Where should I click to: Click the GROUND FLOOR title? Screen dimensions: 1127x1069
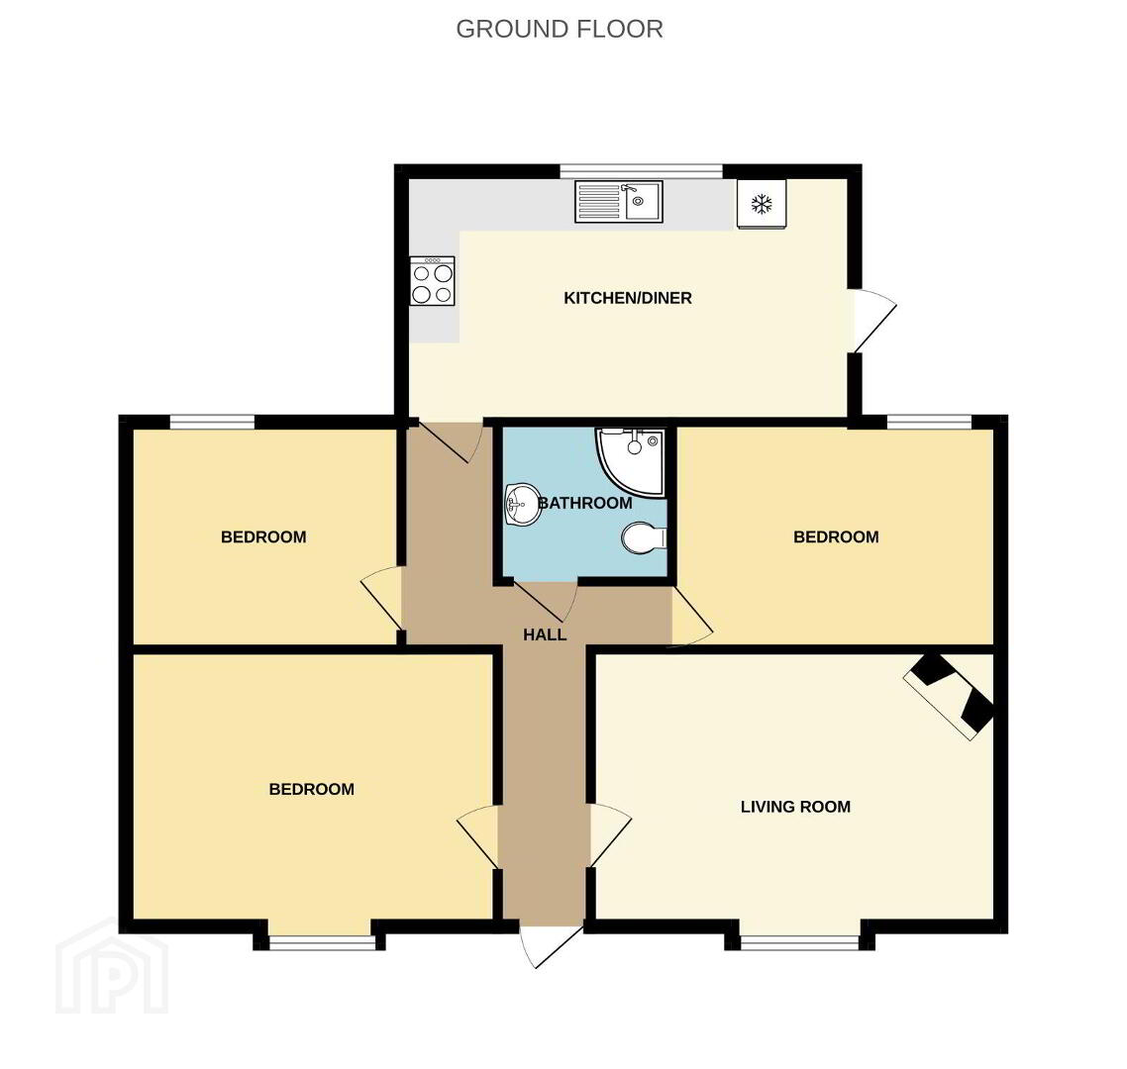point(560,30)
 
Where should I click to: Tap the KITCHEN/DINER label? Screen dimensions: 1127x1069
point(628,298)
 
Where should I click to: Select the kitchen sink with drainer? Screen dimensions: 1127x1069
point(618,201)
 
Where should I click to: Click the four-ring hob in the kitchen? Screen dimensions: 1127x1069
point(433,281)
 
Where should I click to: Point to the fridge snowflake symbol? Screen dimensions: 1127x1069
point(762,205)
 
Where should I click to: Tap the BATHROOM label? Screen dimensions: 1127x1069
point(585,503)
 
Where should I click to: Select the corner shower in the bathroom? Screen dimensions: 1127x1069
point(630,461)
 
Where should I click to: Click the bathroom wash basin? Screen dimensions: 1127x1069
point(523,505)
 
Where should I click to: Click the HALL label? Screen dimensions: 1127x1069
point(545,635)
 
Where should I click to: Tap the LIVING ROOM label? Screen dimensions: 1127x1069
point(795,807)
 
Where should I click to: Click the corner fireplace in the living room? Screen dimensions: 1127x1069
point(950,696)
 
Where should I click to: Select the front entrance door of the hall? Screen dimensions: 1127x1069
point(551,946)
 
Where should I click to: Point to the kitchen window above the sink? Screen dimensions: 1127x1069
point(641,171)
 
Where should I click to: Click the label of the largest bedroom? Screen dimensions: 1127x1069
point(311,790)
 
